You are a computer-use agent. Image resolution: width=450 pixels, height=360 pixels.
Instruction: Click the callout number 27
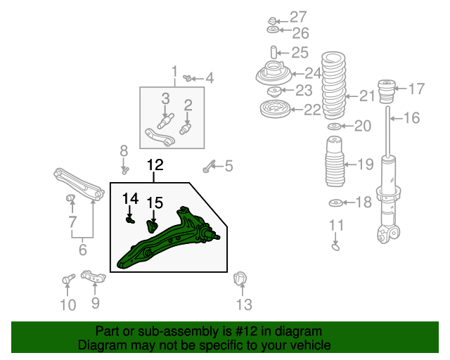tap(298, 17)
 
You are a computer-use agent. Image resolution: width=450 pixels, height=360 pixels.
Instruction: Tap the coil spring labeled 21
tap(333, 86)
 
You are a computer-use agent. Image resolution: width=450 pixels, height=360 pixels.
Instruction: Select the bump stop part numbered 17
tap(387, 91)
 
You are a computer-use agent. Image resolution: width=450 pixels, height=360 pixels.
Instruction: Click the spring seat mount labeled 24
tap(274, 73)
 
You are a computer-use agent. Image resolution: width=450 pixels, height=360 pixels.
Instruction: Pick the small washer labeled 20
tap(335, 126)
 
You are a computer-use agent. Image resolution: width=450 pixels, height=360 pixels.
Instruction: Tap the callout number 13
tap(244, 304)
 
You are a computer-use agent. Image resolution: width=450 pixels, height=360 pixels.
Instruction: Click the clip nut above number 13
tap(240, 279)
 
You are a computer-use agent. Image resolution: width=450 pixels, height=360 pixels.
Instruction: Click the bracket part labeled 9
tap(94, 276)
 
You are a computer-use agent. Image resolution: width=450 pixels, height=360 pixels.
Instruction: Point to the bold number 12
tap(155, 165)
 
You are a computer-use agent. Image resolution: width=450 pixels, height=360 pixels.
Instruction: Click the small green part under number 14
tap(130, 221)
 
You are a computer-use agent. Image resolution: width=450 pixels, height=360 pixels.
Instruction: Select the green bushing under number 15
tap(152, 226)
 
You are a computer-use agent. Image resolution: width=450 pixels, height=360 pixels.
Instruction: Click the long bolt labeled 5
tap(209, 166)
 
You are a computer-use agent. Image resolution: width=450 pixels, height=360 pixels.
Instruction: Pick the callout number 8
tap(124, 150)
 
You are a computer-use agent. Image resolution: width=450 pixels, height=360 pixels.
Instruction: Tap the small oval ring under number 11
tap(335, 247)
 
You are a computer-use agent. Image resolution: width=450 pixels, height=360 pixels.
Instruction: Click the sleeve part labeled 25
tap(274, 52)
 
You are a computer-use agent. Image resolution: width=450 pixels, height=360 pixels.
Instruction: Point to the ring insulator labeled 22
tap(275, 109)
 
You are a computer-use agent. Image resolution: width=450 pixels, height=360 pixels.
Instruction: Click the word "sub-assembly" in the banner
tap(179, 331)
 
